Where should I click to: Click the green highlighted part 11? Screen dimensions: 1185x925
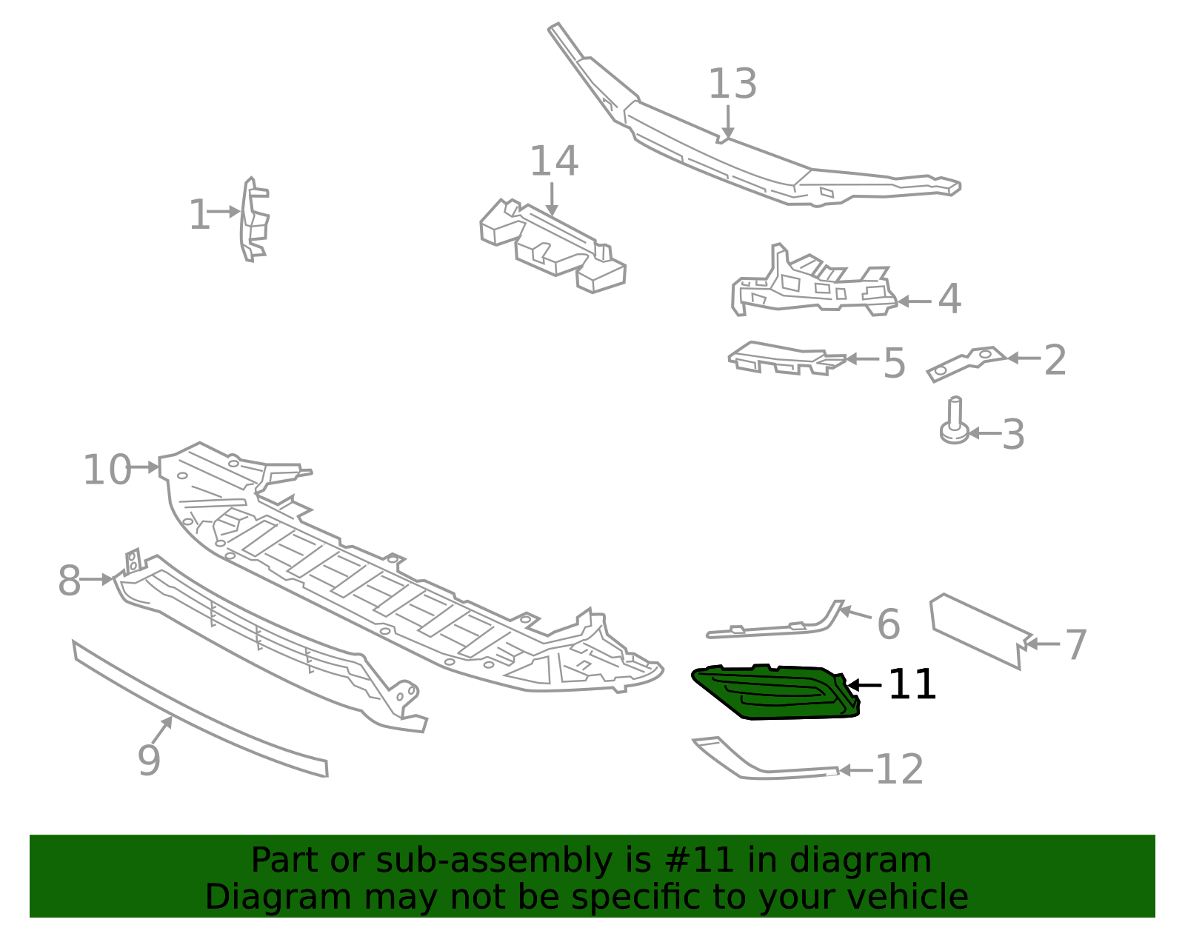(775, 693)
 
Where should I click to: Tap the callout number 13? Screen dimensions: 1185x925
(732, 84)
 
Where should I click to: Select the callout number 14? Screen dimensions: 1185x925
(553, 161)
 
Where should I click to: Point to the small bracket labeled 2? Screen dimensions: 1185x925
(965, 364)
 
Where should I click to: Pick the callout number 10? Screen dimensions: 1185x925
(107, 470)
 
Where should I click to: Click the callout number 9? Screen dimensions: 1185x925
(149, 761)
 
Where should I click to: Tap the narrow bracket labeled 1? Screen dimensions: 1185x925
(255, 220)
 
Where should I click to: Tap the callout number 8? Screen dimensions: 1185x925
(70, 581)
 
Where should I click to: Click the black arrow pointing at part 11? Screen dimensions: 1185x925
(864, 685)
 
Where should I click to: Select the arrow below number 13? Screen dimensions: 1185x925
(727, 121)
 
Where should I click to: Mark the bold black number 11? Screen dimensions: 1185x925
(912, 684)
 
